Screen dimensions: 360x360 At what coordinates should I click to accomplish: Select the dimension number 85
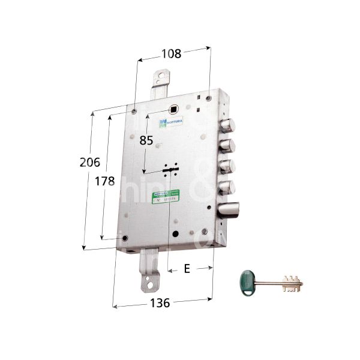pyautogui.click(x=146, y=141)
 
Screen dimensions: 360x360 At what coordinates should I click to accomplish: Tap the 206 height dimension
pyautogui.click(x=89, y=161)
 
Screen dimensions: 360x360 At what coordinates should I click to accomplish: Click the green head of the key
pyautogui.click(x=244, y=281)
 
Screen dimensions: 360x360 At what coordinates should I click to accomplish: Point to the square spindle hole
pyautogui.click(x=175, y=110)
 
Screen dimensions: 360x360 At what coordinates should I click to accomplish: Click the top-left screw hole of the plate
pyautogui.click(x=134, y=110)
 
